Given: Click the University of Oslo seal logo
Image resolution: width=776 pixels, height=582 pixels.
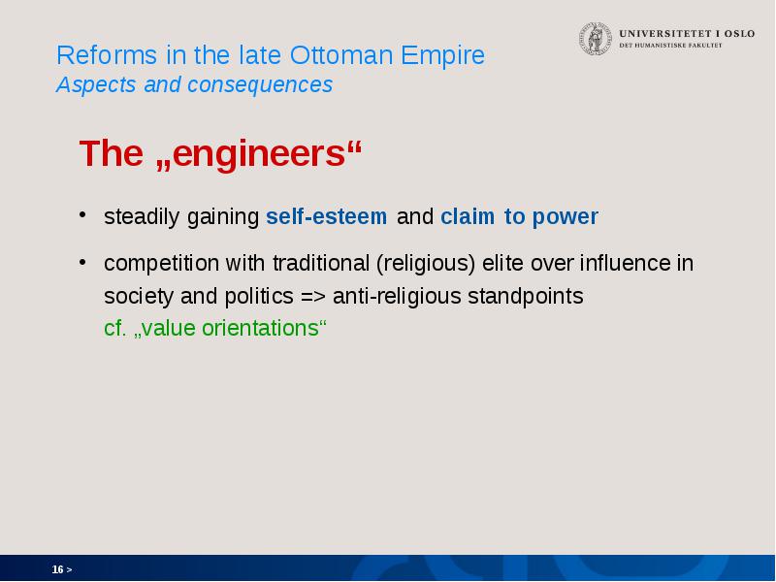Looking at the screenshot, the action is point(596,39).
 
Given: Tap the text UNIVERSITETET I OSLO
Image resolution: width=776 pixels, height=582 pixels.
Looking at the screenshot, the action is point(687,34).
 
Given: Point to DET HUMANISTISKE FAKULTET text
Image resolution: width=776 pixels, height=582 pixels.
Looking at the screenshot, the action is point(670,45).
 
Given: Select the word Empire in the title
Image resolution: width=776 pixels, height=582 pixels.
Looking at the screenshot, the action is point(443,56).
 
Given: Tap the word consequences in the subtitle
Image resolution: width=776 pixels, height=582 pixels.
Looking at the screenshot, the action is point(260,85).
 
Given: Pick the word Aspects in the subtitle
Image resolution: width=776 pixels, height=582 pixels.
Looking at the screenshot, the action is point(95,85).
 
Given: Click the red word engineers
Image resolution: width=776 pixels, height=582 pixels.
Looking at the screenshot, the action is point(258,154).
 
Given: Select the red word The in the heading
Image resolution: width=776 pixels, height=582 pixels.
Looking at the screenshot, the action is point(112,153).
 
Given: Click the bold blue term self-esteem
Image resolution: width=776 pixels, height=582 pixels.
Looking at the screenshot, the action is point(327,216).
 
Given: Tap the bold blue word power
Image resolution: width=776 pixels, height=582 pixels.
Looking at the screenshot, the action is point(566,217).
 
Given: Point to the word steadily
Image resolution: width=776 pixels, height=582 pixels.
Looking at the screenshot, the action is point(142,217).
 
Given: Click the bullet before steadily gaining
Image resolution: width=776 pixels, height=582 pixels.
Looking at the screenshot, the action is point(82,214).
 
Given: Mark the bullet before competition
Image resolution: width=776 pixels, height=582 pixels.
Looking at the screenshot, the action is point(82,261).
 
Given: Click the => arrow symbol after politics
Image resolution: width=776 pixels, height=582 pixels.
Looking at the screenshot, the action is point(313,297).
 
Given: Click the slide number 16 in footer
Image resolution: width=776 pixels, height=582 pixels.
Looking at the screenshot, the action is point(58,569).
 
